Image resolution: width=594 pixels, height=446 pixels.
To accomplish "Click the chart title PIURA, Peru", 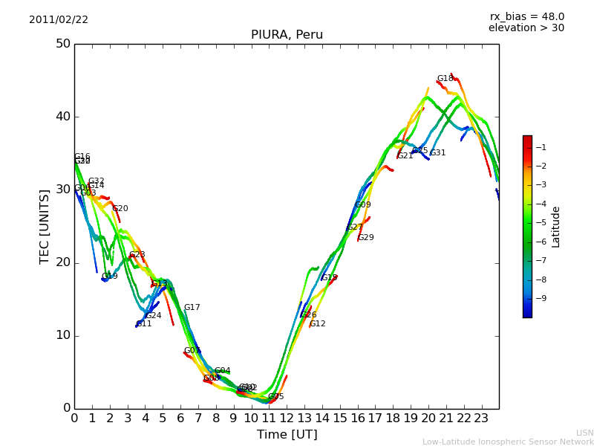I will (287, 35).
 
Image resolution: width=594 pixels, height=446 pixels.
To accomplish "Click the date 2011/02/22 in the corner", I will (59, 20).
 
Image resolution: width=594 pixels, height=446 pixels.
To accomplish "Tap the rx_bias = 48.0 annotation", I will (526, 17).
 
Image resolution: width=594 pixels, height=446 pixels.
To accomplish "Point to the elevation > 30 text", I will (526, 28).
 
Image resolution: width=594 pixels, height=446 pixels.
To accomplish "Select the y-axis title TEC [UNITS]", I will (45, 226).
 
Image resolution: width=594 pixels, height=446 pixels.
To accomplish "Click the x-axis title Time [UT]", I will (287, 434).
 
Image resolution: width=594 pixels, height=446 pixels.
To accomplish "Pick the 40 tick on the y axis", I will (62, 117).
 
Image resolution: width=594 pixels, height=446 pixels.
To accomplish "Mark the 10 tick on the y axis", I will (62, 335).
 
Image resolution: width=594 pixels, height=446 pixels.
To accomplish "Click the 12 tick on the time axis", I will (287, 418).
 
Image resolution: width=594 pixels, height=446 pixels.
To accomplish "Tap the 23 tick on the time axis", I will (481, 418).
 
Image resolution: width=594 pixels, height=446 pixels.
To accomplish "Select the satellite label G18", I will (445, 79).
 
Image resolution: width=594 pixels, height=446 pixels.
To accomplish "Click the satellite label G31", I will (438, 153).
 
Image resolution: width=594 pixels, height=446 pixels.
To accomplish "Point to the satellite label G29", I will (366, 238).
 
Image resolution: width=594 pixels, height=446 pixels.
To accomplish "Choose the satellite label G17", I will (192, 308).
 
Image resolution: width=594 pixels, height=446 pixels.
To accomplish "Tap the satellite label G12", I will (318, 324).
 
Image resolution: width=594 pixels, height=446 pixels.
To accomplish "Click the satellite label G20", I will (120, 209).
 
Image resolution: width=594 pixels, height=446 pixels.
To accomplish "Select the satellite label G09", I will (363, 205).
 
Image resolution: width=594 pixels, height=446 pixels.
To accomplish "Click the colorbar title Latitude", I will (556, 227).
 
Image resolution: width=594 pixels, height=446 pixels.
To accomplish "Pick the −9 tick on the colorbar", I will (541, 298).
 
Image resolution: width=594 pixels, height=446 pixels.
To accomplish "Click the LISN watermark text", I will (585, 433).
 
